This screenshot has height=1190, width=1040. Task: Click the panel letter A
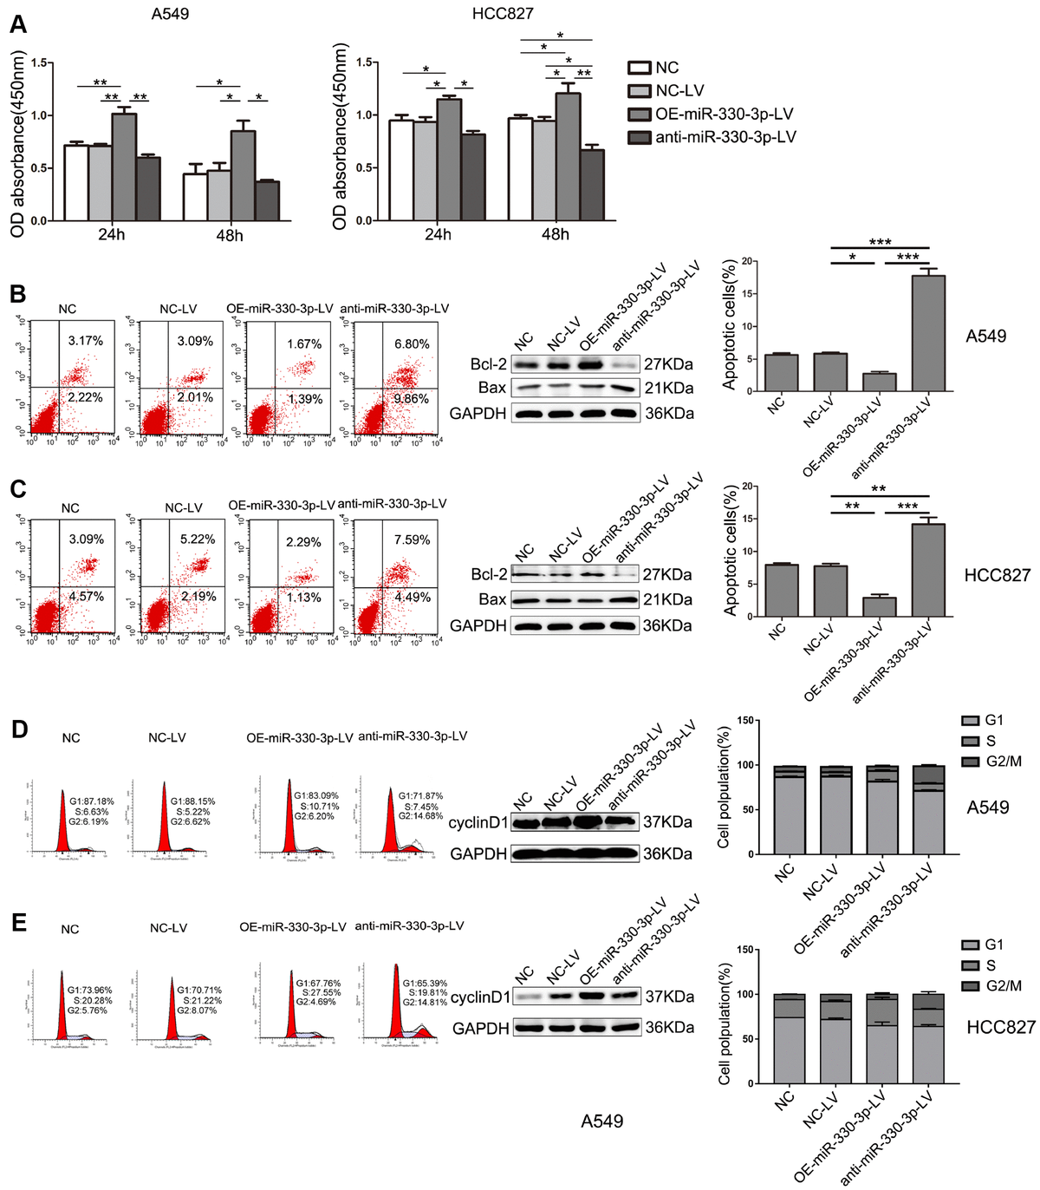click(17, 24)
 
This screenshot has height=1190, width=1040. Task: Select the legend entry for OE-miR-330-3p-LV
click(723, 114)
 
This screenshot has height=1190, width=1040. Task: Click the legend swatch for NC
click(640, 68)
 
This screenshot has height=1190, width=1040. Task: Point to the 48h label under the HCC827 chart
click(556, 235)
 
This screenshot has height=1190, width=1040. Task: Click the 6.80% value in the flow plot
click(412, 344)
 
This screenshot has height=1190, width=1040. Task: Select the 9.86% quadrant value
click(412, 399)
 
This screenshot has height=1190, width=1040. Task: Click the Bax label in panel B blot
click(492, 388)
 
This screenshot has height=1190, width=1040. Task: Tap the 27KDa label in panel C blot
click(667, 574)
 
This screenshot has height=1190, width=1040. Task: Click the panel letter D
click(17, 729)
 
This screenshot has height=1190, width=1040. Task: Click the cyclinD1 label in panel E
click(481, 997)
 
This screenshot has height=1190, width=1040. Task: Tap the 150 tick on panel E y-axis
click(743, 950)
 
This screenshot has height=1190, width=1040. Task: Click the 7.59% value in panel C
click(412, 539)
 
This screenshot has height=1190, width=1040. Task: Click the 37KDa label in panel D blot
click(667, 822)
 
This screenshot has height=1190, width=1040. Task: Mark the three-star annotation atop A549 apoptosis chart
click(880, 242)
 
